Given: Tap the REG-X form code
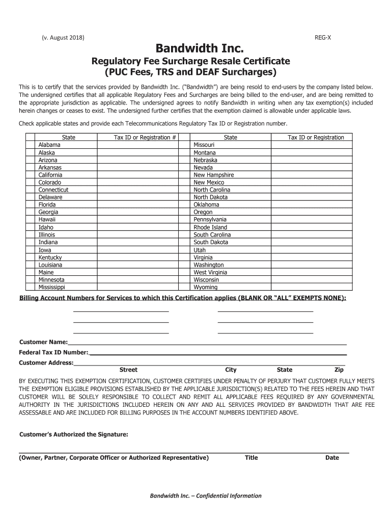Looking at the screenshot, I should click(x=323, y=38).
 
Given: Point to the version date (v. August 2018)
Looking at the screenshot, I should click(x=63, y=38).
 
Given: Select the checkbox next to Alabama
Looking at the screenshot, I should click(x=31, y=145).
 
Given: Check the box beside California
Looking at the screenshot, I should click(x=31, y=175).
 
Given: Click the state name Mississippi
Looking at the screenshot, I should click(x=51, y=287).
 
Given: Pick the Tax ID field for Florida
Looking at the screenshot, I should click(x=137, y=204).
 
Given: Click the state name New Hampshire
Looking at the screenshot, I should click(x=214, y=175).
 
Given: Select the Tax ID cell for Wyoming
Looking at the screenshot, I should click(x=316, y=287).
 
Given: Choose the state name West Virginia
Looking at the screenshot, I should click(x=210, y=272).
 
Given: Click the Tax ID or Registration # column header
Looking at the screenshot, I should click(x=145, y=137).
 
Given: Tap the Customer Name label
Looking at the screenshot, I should click(x=43, y=342).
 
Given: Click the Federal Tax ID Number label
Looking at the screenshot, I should click(x=53, y=352).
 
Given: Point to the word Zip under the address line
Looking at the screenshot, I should click(x=339, y=370).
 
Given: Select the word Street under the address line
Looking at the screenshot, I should click(x=128, y=370).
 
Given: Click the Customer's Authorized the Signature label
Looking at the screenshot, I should click(x=73, y=434).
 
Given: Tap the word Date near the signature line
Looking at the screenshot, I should click(x=332, y=457).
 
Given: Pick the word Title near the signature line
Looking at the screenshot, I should click(x=251, y=457).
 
